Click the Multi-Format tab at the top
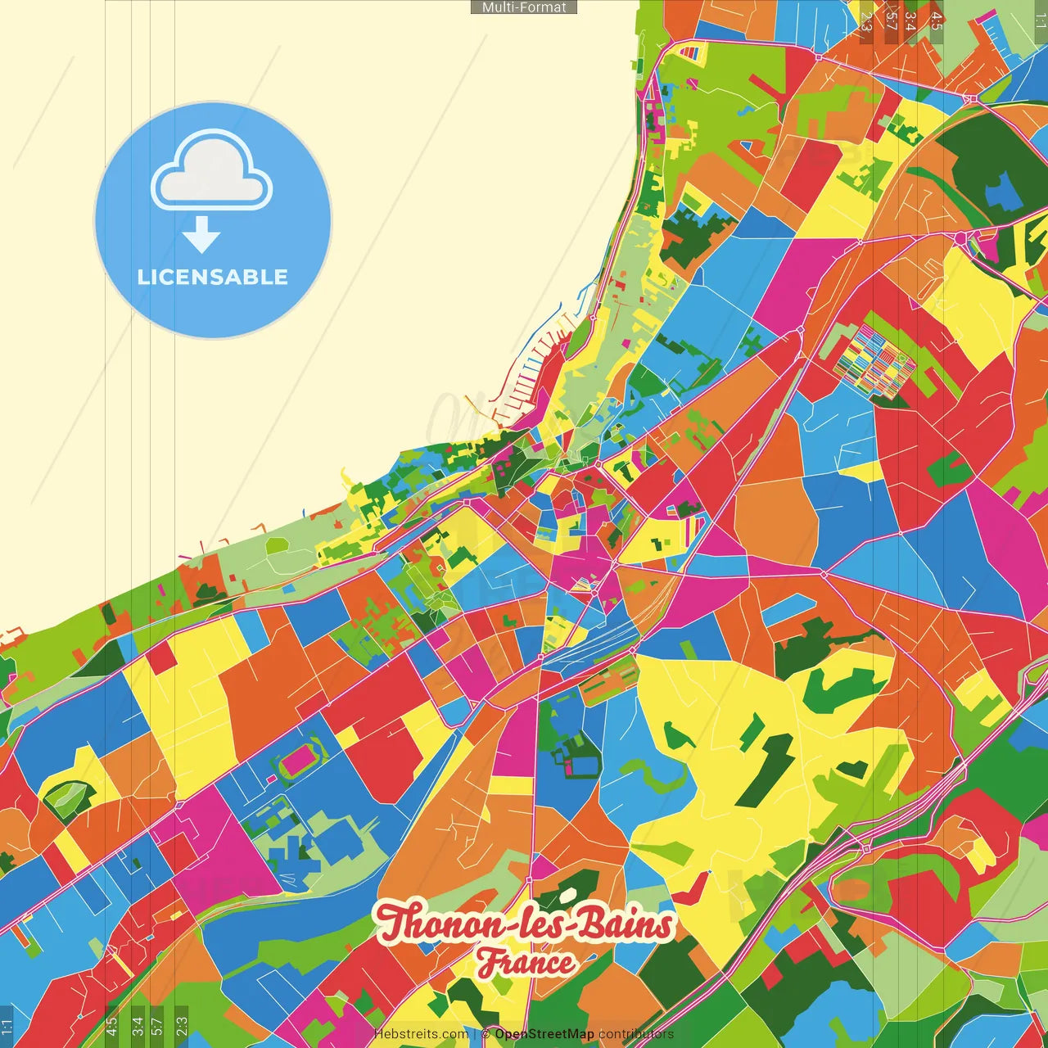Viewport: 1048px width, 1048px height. click(x=524, y=7)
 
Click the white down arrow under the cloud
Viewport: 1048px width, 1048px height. click(x=201, y=235)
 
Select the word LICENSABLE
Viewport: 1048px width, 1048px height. click(x=213, y=277)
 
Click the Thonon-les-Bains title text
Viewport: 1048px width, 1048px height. click(x=524, y=924)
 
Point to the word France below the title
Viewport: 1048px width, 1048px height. click(x=526, y=963)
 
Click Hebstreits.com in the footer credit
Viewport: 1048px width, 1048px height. click(x=421, y=1034)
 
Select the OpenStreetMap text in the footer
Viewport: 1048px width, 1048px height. click(x=544, y=1034)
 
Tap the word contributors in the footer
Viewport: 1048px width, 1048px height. click(x=636, y=1034)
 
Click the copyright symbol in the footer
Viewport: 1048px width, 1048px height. click(x=486, y=1034)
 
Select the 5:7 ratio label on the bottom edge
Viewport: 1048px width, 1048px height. click(x=157, y=1025)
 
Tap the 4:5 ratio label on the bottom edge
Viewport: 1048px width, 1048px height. click(x=112, y=1025)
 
